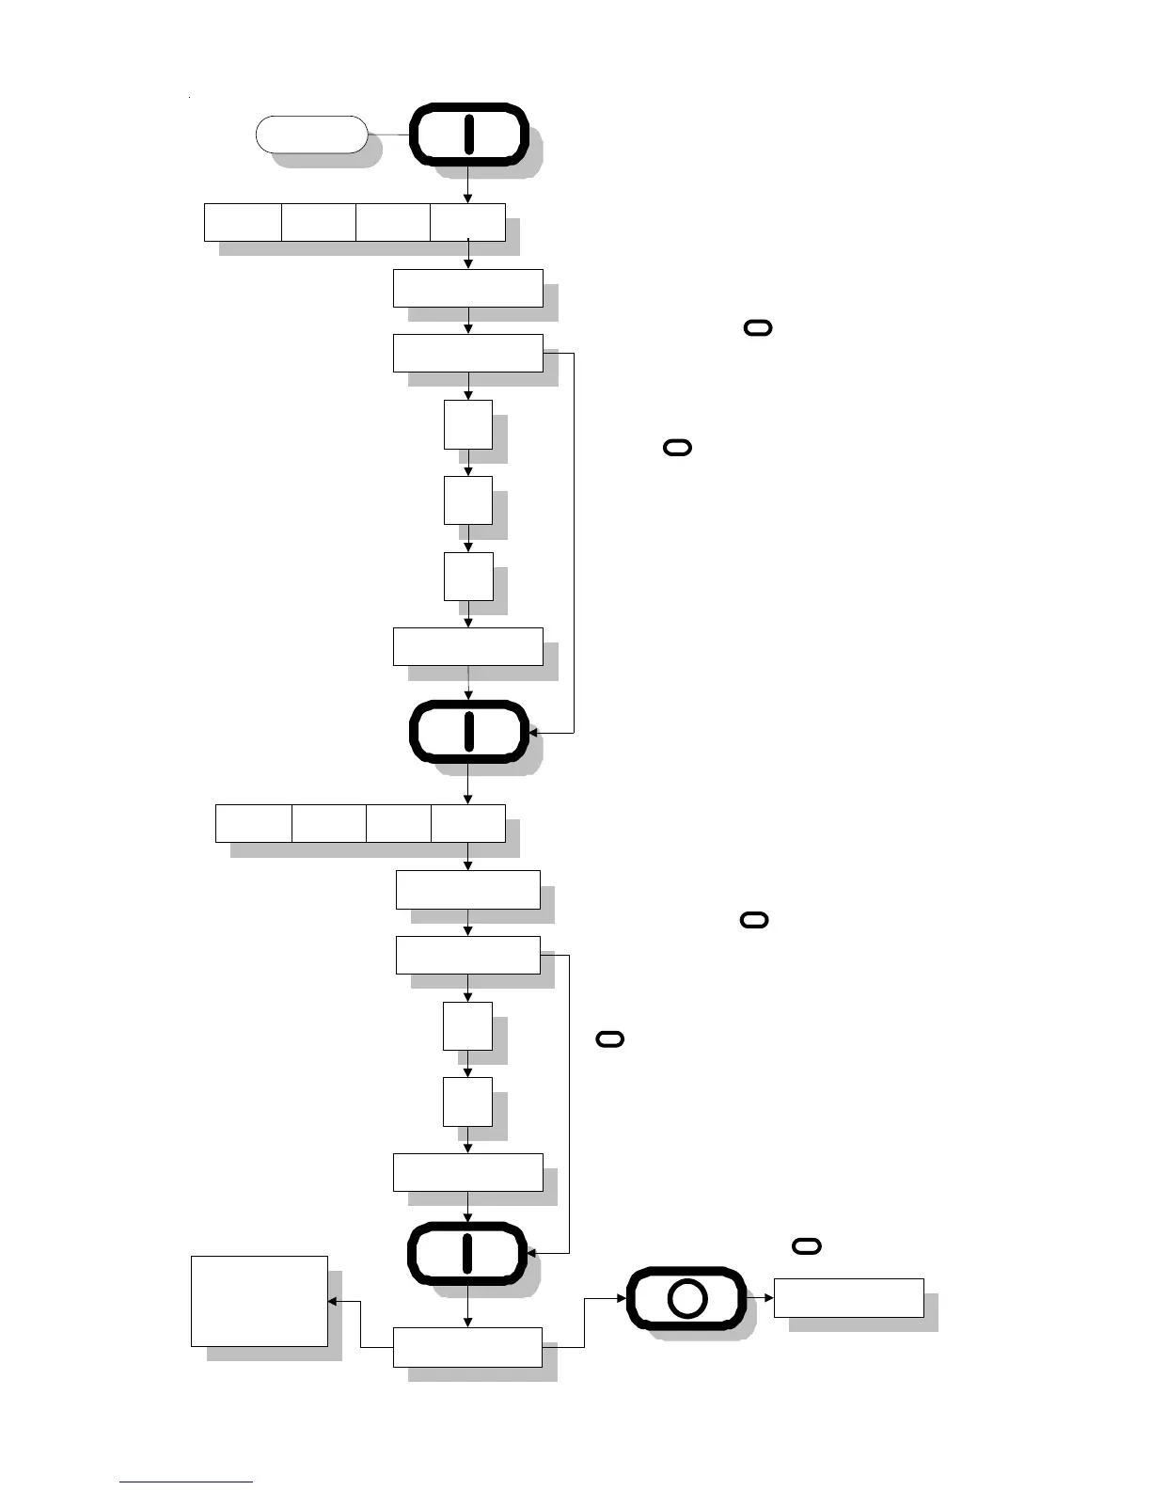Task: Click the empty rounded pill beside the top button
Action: click(311, 135)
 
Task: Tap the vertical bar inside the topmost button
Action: click(468, 134)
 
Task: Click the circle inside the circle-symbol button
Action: click(686, 1299)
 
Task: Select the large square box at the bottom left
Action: click(260, 1301)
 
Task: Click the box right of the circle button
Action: click(848, 1298)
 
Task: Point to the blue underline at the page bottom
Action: click(185, 1482)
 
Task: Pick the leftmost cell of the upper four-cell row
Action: click(243, 222)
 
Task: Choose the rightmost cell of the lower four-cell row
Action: click(468, 823)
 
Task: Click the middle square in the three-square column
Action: click(468, 500)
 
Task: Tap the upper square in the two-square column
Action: click(468, 1026)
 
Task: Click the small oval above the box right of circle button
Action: click(807, 1246)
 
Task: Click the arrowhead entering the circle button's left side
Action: click(622, 1299)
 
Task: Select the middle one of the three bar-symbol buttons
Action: click(468, 731)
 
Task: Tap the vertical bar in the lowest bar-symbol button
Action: click(466, 1254)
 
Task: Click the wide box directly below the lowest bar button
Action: click(467, 1347)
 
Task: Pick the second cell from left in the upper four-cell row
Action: click(319, 222)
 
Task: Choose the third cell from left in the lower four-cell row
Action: click(399, 823)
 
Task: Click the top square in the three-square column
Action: click(468, 424)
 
